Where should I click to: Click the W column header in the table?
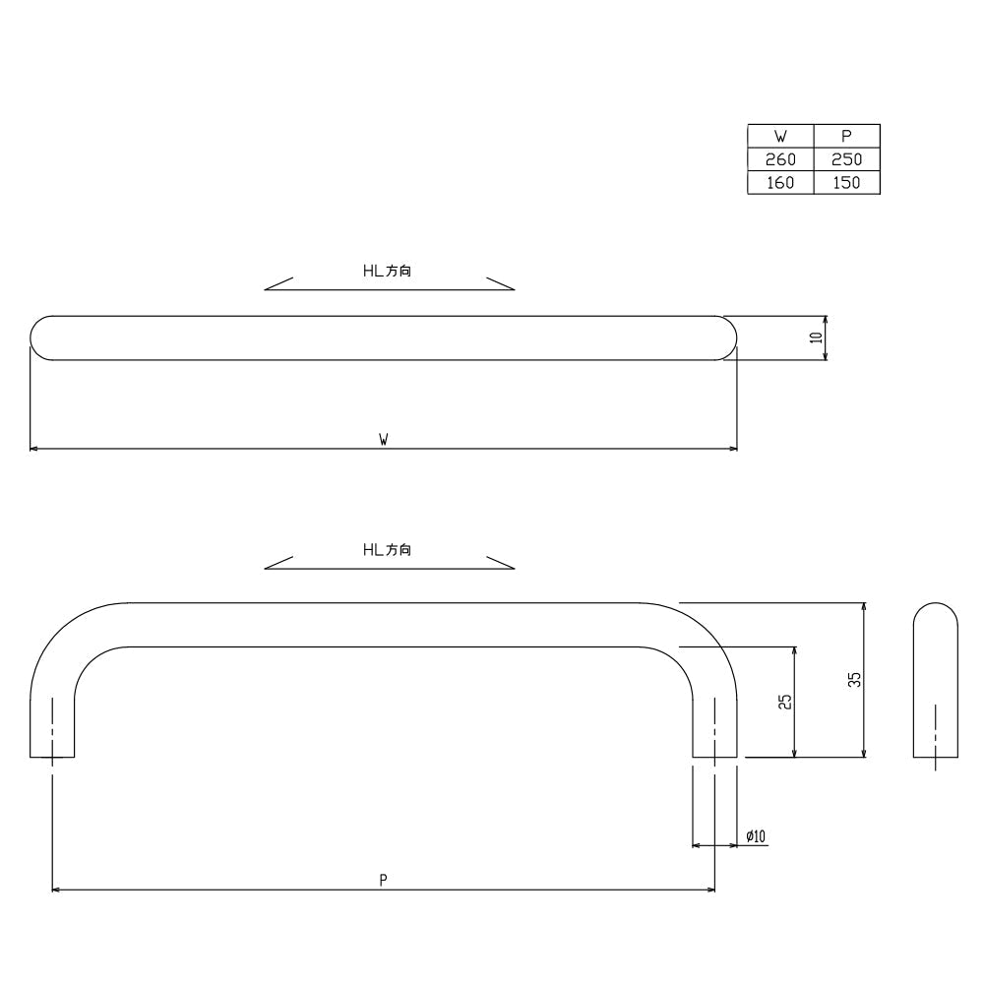point(780,136)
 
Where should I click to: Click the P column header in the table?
point(846,136)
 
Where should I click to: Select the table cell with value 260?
point(780,159)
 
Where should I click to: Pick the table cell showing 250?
point(846,159)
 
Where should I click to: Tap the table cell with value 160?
point(780,183)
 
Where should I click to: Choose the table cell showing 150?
point(846,183)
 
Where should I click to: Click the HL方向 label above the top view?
point(387,271)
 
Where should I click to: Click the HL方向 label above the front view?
point(387,550)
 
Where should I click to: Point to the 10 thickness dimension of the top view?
point(816,338)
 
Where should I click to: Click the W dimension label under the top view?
point(384,439)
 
